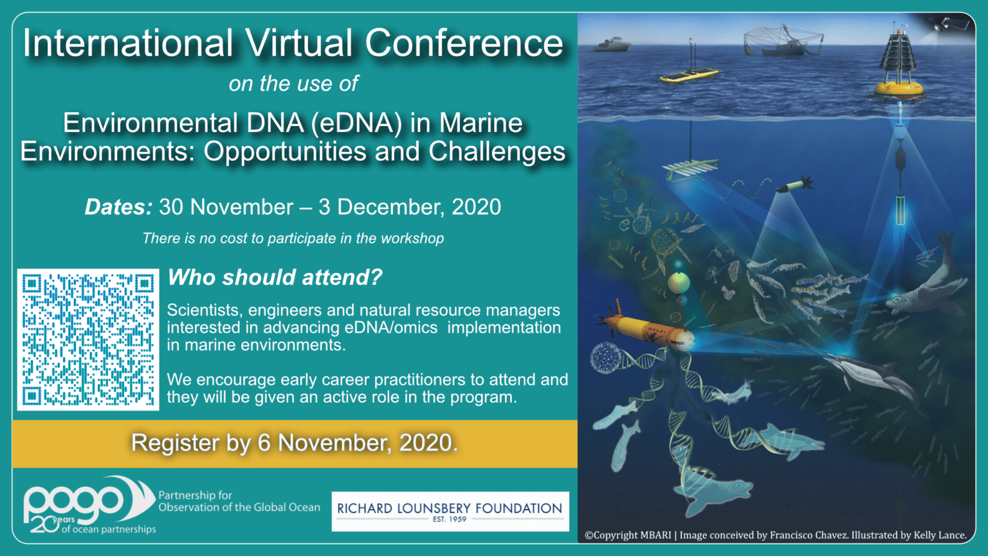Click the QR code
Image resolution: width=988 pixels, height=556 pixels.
88,339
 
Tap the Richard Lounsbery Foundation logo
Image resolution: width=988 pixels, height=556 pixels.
450,511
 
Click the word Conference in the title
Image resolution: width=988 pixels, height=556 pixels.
464,43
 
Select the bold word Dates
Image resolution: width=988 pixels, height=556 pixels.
118,207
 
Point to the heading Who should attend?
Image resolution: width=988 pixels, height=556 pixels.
275,277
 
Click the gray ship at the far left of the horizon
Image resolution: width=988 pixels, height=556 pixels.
611,44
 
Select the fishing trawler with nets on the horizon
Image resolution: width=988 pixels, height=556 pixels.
783,42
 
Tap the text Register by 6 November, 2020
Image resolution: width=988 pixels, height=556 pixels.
294,443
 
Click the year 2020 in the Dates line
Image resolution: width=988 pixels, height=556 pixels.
476,207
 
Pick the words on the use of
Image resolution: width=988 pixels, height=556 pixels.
293,84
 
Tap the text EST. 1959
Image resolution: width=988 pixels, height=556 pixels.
450,519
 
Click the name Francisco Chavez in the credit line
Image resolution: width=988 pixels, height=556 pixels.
809,535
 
